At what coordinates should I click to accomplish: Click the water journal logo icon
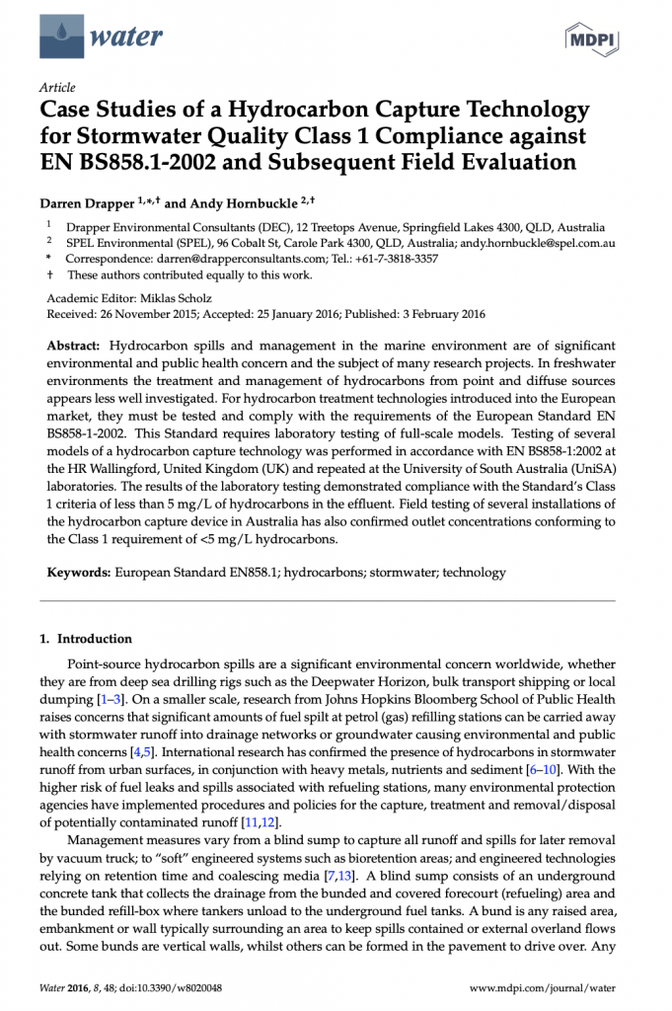tap(61, 38)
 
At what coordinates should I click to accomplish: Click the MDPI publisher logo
tap(589, 39)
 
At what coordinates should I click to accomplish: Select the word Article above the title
tap(57, 87)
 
